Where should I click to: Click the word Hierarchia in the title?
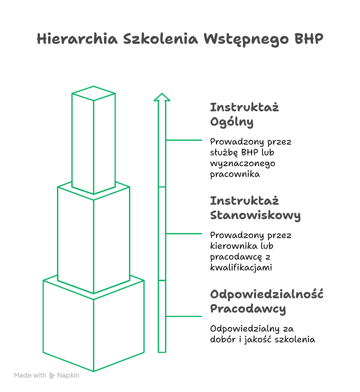point(77,39)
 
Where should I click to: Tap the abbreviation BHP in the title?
point(308,39)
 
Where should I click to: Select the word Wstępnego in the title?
point(246,39)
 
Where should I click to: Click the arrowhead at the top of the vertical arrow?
point(162,97)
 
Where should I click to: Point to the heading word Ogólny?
point(231,122)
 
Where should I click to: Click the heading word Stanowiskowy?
point(255,215)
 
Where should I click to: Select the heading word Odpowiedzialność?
point(266,294)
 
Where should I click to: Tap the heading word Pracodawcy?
point(248,309)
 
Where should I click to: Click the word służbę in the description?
point(224,152)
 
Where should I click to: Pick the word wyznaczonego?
point(242,163)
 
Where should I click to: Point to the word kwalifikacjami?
point(241,268)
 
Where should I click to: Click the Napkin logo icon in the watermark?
point(52,376)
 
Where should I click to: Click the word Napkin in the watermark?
point(68,376)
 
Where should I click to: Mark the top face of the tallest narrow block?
point(93,93)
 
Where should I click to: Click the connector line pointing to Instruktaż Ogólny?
point(184,140)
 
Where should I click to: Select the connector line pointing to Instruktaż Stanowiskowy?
point(184,234)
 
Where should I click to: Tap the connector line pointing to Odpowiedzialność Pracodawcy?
point(184,317)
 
